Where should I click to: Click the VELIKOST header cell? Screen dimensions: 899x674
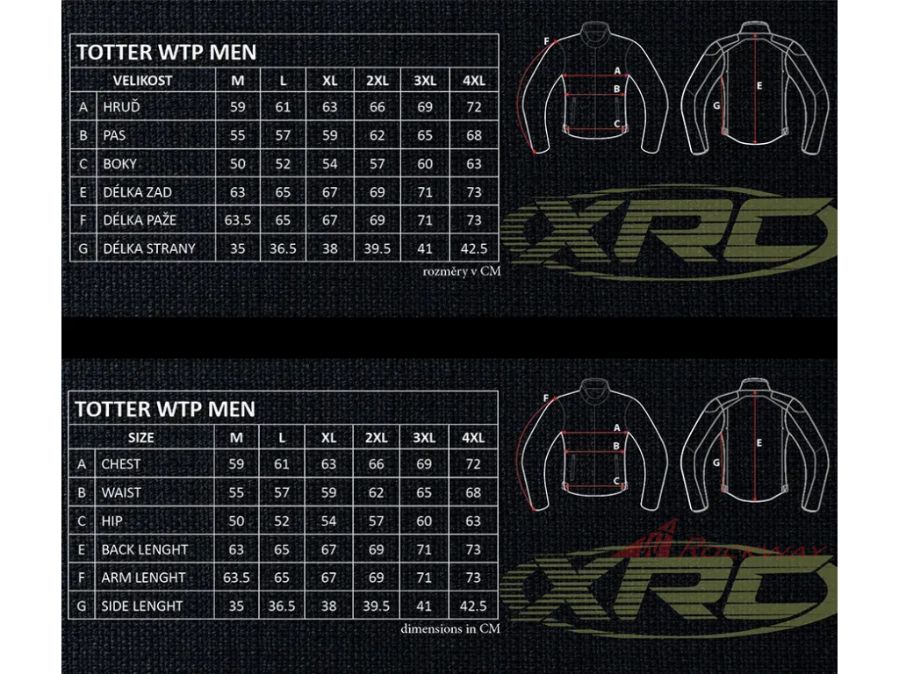point(142,80)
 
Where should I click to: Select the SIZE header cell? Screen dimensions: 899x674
point(140,437)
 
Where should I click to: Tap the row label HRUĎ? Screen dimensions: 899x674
point(122,107)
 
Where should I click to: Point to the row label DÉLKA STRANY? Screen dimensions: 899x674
point(149,248)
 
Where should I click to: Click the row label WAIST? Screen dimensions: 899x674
point(121,492)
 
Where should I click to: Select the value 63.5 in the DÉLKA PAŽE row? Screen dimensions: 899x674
point(237,220)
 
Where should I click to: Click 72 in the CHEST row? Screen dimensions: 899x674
point(473,464)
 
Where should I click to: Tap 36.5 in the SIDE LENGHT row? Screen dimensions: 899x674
point(282,606)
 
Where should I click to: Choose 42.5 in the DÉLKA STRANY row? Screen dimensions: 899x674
point(473,248)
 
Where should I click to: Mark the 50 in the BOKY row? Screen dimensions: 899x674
point(237,164)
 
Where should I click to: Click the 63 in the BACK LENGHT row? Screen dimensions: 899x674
point(236,549)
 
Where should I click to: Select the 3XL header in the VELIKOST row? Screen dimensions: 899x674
point(425,80)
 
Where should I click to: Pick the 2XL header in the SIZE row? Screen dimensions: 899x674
point(377,437)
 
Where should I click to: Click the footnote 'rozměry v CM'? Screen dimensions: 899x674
point(461,271)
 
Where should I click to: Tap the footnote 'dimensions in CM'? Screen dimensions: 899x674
point(449,628)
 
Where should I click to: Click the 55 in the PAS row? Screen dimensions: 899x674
point(237,136)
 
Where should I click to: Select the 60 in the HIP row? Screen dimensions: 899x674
point(425,521)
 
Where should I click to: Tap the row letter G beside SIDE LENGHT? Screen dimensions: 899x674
point(82,606)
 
